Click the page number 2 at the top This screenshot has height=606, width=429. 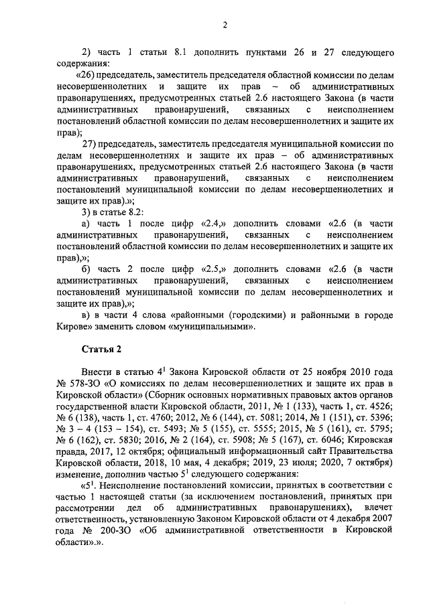tap(225, 25)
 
